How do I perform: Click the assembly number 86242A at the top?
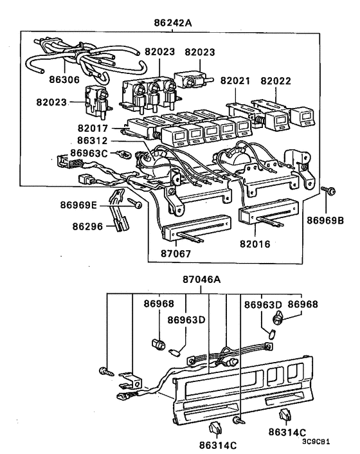tap(174, 22)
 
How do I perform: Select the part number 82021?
tap(237, 82)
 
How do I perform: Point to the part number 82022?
tap(278, 82)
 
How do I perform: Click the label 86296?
tap(87, 227)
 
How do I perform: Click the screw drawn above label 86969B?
tap(328, 190)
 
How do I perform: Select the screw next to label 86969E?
tap(136, 204)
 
